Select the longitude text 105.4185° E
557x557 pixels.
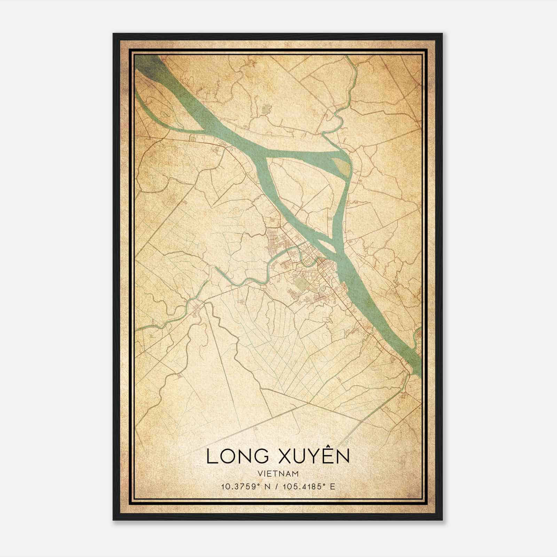point(308,486)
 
